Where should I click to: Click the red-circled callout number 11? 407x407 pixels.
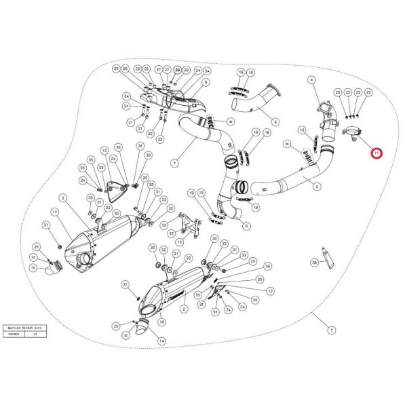[x=376, y=154]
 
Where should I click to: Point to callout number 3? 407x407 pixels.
[x=312, y=80]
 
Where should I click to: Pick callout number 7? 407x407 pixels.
[x=174, y=163]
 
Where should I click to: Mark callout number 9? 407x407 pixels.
[x=206, y=82]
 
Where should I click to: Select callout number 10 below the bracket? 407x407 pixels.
[x=178, y=242]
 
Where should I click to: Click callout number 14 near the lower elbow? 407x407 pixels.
[x=161, y=340]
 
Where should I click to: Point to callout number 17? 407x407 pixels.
[x=56, y=211]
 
